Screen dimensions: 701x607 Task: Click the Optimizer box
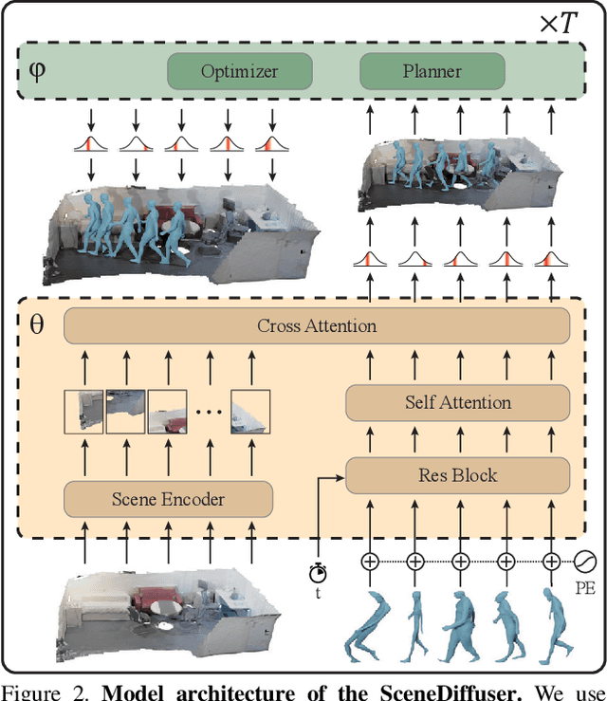pos(239,71)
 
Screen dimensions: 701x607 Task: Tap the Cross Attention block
pos(316,326)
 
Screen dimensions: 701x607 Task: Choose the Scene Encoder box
pos(168,498)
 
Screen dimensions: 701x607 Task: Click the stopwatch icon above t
pos(318,572)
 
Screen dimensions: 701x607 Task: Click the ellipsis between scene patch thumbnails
pos(208,414)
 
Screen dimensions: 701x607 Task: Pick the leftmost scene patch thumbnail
pos(83,411)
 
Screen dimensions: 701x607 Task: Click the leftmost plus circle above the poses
pos(370,562)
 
